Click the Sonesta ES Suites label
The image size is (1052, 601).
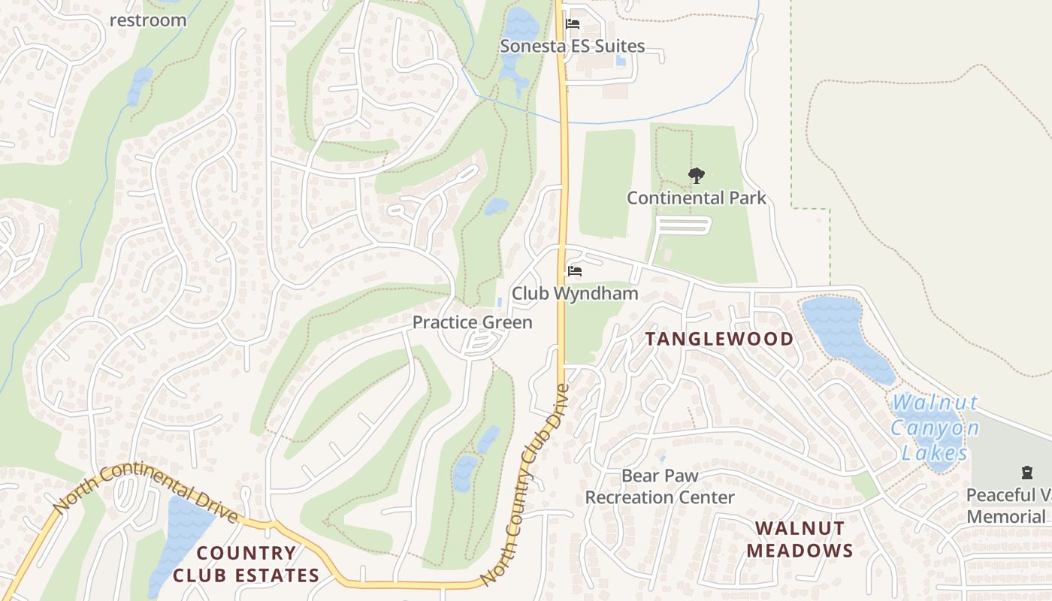[x=573, y=47]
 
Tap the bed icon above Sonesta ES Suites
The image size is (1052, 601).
[x=573, y=24]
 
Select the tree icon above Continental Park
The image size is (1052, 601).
[x=697, y=177]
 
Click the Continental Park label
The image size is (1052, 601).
[x=697, y=198]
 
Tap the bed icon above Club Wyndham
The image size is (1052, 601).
[x=575, y=271]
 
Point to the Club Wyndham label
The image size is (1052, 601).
[x=575, y=294]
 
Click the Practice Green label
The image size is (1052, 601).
[x=472, y=323]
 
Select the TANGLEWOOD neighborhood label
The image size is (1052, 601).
[x=719, y=340]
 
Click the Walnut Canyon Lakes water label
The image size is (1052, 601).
[x=936, y=428]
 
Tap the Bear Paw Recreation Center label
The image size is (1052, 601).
[x=660, y=487]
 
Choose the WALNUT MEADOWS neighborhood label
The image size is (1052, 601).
[x=800, y=539]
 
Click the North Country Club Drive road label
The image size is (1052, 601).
[x=526, y=485]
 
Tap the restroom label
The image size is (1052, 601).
[x=148, y=20]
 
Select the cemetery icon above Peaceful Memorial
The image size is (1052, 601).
[x=1026, y=473]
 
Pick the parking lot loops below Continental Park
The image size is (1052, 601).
[x=682, y=225]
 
